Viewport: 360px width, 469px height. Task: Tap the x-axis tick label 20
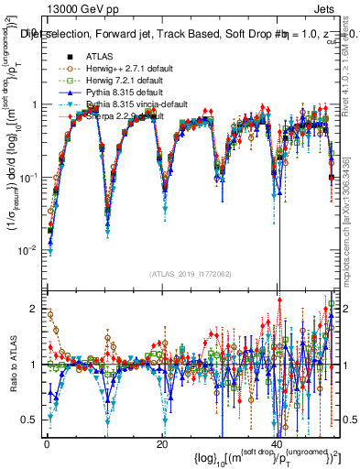click(x=162, y=443)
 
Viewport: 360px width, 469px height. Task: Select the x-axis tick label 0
click(x=46, y=443)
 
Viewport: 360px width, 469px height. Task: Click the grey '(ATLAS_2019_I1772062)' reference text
click(x=188, y=274)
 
